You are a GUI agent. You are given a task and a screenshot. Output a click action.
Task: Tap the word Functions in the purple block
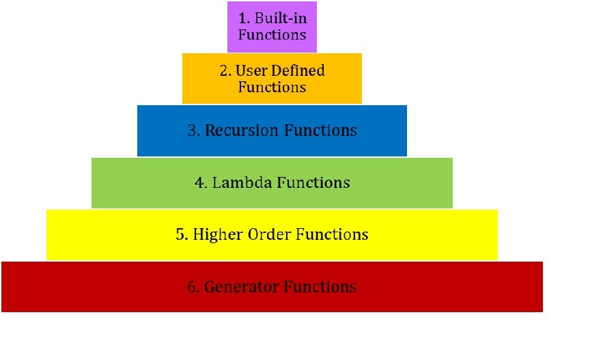tap(272, 35)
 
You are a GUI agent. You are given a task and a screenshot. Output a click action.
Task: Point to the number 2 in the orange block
tap(223, 70)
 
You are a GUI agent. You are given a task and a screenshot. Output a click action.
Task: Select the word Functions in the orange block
tap(272, 87)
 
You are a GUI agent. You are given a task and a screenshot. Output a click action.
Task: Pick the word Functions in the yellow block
tap(332, 235)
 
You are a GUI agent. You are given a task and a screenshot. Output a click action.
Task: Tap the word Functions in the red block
tap(320, 287)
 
